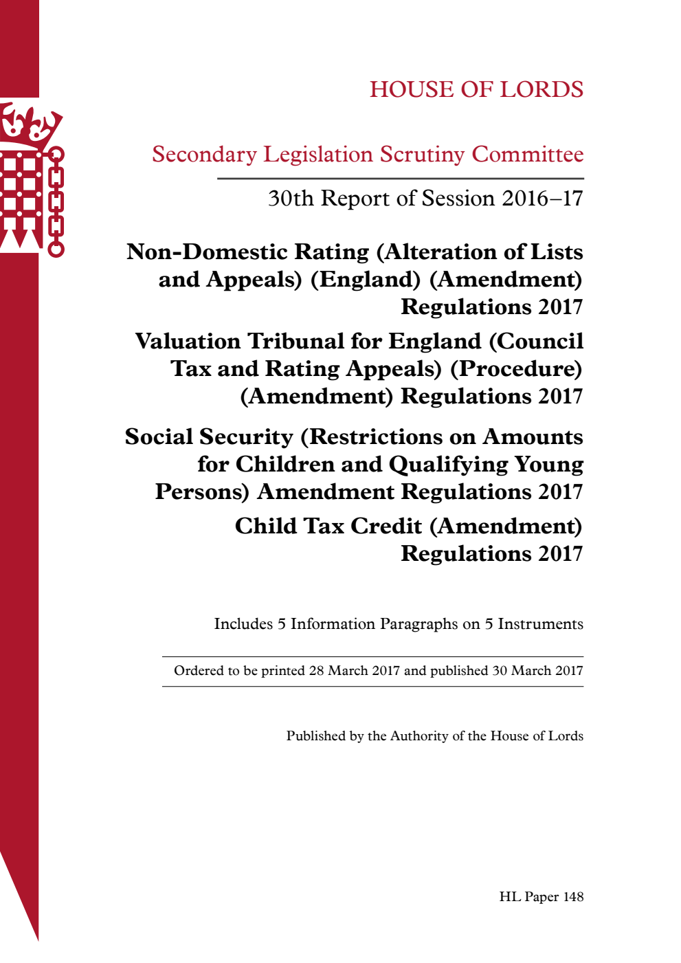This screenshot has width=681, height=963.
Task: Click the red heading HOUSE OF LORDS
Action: click(x=476, y=89)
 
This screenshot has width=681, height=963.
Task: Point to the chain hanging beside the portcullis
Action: click(x=56, y=201)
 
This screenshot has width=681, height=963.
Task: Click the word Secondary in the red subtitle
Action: click(x=204, y=155)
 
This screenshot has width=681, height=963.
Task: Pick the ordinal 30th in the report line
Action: click(x=291, y=199)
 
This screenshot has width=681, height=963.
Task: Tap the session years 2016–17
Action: click(x=542, y=199)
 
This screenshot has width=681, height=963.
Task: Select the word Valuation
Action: click(x=188, y=342)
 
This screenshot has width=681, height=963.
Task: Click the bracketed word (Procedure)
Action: click(x=516, y=369)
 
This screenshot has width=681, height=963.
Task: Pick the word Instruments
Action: click(x=540, y=624)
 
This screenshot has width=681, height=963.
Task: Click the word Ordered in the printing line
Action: click(x=198, y=671)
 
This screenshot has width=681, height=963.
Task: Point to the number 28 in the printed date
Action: click(x=316, y=671)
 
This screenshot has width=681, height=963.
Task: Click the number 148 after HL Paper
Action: click(x=573, y=897)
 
